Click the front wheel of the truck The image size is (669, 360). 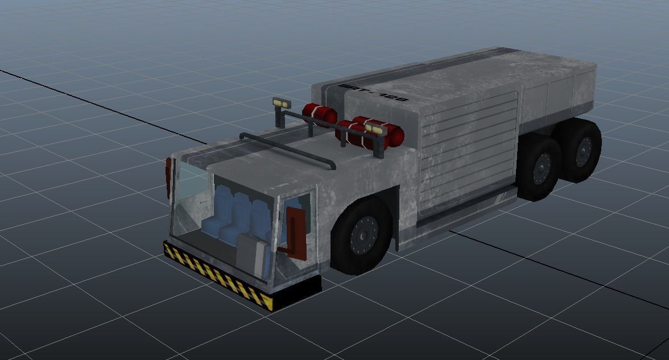coord(362,234)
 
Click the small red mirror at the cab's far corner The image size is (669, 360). coord(168,177)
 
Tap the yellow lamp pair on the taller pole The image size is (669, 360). coord(280,103)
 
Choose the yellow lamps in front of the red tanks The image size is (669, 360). coord(374,129)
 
